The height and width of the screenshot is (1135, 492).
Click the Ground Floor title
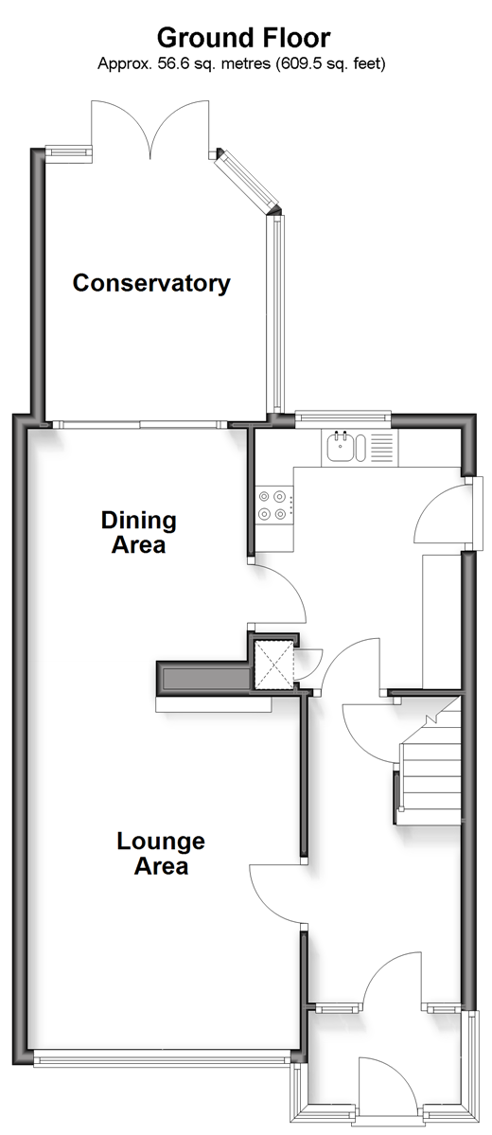point(244,37)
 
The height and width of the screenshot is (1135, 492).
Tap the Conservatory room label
point(151,283)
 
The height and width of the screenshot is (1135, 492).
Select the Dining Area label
point(138,532)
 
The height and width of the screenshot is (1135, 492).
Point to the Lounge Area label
point(161,854)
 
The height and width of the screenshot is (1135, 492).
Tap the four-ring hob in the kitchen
point(275,505)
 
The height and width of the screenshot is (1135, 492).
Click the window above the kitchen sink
point(343,416)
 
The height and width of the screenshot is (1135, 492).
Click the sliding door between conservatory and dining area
point(140,425)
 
